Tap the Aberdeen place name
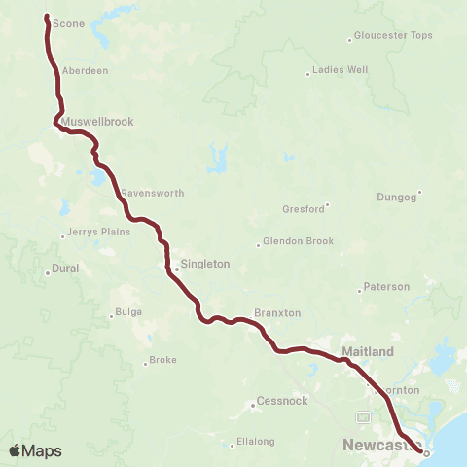[x=84, y=71]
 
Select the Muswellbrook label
[x=96, y=122]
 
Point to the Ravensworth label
[x=152, y=193]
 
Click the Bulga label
[x=128, y=312]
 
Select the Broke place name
[x=162, y=361]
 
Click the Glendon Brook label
[x=299, y=241]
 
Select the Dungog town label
[x=396, y=198]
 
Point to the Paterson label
[x=386, y=287]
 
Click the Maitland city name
[x=368, y=350]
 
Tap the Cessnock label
[x=280, y=401]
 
